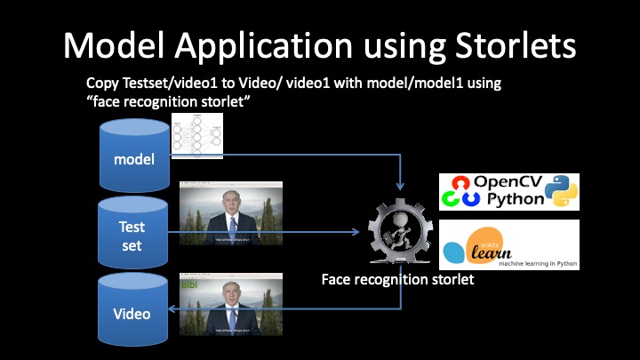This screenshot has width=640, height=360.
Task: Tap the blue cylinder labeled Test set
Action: coord(132,233)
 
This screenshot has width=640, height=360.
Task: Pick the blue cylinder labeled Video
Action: coord(132,312)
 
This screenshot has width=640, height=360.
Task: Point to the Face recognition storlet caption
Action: coord(397,279)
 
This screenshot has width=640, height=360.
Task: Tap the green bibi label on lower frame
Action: coord(189,284)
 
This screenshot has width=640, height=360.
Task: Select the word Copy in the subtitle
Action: coord(102,82)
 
